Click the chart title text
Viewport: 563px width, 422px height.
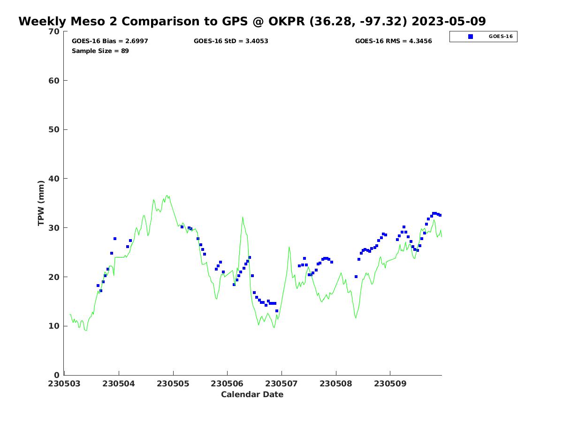(252, 22)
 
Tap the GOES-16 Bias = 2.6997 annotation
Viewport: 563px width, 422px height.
(110, 41)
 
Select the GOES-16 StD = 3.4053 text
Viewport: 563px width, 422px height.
(231, 41)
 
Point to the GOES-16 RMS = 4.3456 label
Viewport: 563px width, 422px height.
(393, 41)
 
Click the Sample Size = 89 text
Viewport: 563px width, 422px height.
(100, 51)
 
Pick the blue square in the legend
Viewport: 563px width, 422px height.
(470, 37)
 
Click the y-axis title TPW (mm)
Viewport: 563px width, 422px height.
(41, 203)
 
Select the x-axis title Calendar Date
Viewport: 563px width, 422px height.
(252, 395)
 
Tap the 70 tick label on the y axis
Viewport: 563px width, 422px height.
(54, 31)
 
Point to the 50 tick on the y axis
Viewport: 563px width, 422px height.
(54, 129)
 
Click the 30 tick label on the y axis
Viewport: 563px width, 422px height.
(54, 228)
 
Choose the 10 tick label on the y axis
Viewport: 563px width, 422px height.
(54, 326)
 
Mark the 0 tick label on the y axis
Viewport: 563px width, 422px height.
(57, 375)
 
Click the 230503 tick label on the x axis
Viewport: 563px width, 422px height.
(65, 384)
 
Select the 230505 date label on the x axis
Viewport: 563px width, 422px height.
(173, 384)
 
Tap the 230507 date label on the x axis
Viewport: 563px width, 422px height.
(281, 384)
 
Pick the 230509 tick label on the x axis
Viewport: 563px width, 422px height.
(390, 384)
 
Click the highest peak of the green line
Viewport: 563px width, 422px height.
(167, 195)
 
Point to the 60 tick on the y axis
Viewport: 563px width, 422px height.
(54, 81)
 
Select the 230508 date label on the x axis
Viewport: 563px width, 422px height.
(336, 384)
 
